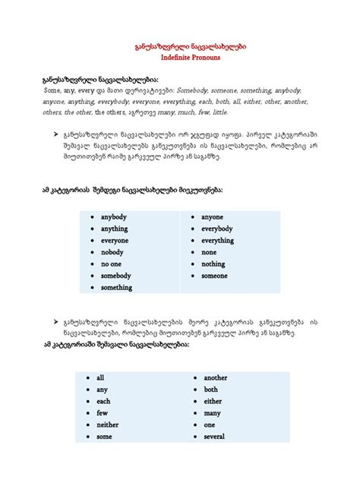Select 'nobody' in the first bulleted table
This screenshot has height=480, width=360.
point(114,252)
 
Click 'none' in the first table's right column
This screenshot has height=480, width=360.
point(210,252)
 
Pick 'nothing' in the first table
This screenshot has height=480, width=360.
point(214,264)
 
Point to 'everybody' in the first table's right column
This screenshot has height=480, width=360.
point(217,228)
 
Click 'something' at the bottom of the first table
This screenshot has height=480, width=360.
point(117,288)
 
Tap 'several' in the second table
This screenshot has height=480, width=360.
point(215,437)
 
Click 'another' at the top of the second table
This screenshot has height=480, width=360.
point(216,377)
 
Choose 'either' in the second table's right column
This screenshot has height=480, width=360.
point(213,401)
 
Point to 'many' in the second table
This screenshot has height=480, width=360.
point(212,413)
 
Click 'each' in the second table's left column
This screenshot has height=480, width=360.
point(104,401)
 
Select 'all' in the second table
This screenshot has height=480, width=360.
point(100,377)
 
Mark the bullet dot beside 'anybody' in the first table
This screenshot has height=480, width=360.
point(91,216)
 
